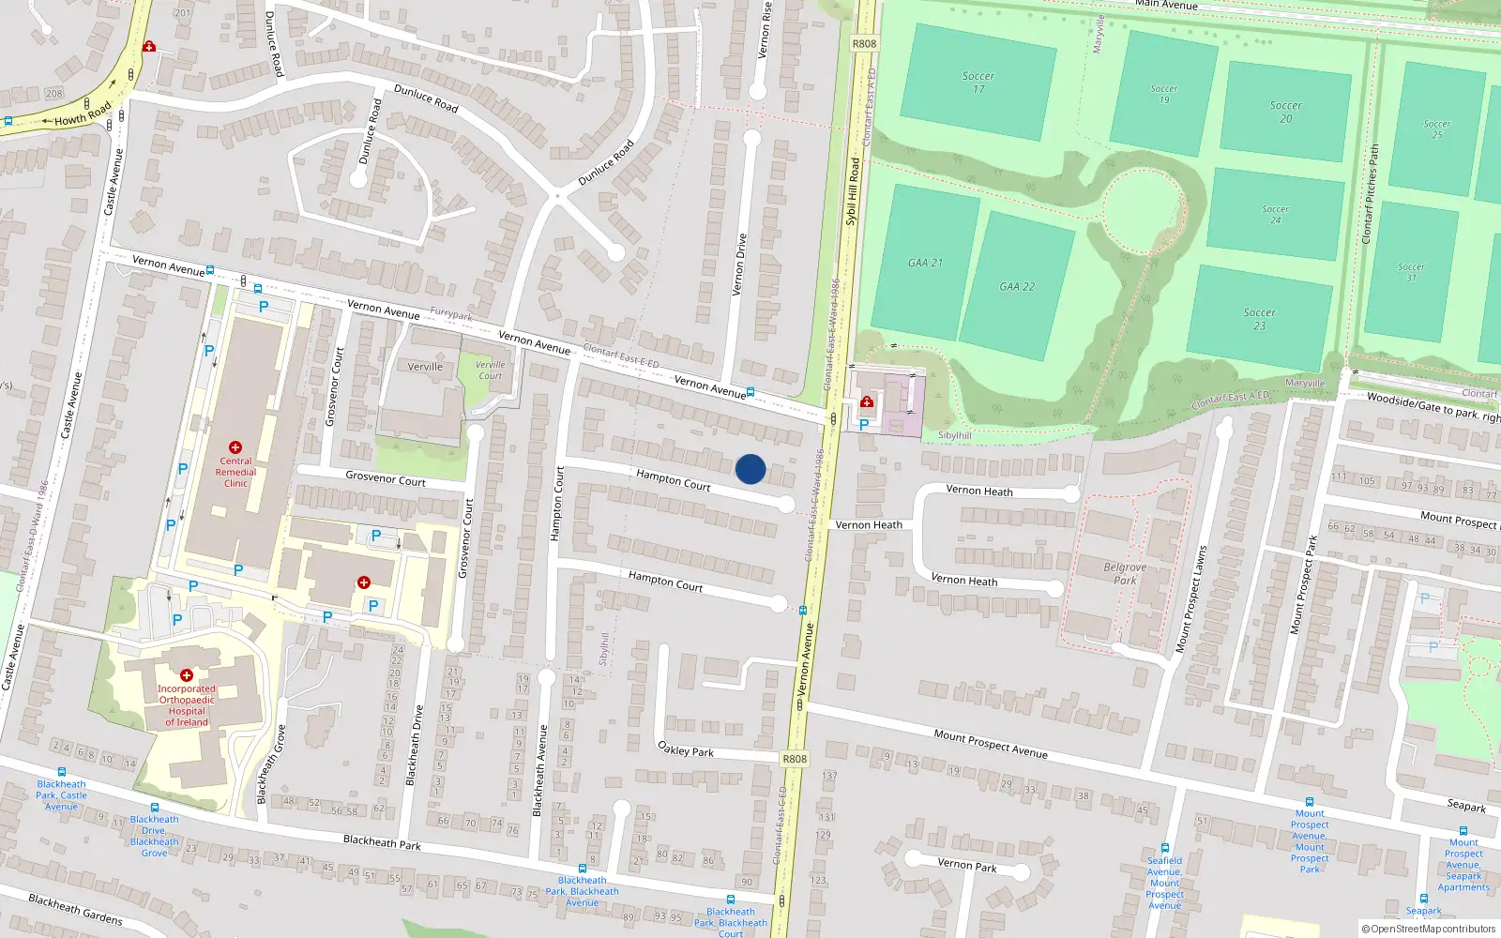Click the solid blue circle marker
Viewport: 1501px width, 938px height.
pyautogui.click(x=750, y=469)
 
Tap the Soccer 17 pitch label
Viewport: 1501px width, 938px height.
pyautogui.click(x=978, y=83)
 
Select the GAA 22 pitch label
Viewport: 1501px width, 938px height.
pyautogui.click(x=1017, y=287)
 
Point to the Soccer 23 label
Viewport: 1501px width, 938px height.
pyautogui.click(x=1259, y=319)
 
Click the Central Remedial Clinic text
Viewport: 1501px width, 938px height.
pyautogui.click(x=235, y=472)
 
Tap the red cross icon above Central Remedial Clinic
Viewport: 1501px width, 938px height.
pyautogui.click(x=235, y=448)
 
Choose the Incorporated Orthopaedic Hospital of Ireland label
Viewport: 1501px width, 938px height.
pyautogui.click(x=187, y=705)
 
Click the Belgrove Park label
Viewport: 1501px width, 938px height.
pyautogui.click(x=1125, y=573)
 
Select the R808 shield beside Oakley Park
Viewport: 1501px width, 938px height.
pyautogui.click(x=794, y=759)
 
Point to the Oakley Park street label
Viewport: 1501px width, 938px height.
pyautogui.click(x=686, y=749)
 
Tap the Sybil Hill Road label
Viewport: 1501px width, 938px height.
pyautogui.click(x=853, y=191)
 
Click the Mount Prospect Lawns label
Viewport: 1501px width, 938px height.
pyautogui.click(x=1190, y=598)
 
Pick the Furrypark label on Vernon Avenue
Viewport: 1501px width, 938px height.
pyautogui.click(x=451, y=314)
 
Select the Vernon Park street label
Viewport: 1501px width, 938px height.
pyautogui.click(x=966, y=865)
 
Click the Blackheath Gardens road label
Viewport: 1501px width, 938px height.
pyautogui.click(x=75, y=908)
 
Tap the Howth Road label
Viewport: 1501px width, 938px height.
pyautogui.click(x=83, y=114)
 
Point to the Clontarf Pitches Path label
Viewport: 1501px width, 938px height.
pyautogui.click(x=1370, y=194)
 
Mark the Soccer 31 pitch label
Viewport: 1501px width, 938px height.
pyautogui.click(x=1411, y=272)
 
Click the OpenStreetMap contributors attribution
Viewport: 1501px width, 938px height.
pyautogui.click(x=1428, y=929)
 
